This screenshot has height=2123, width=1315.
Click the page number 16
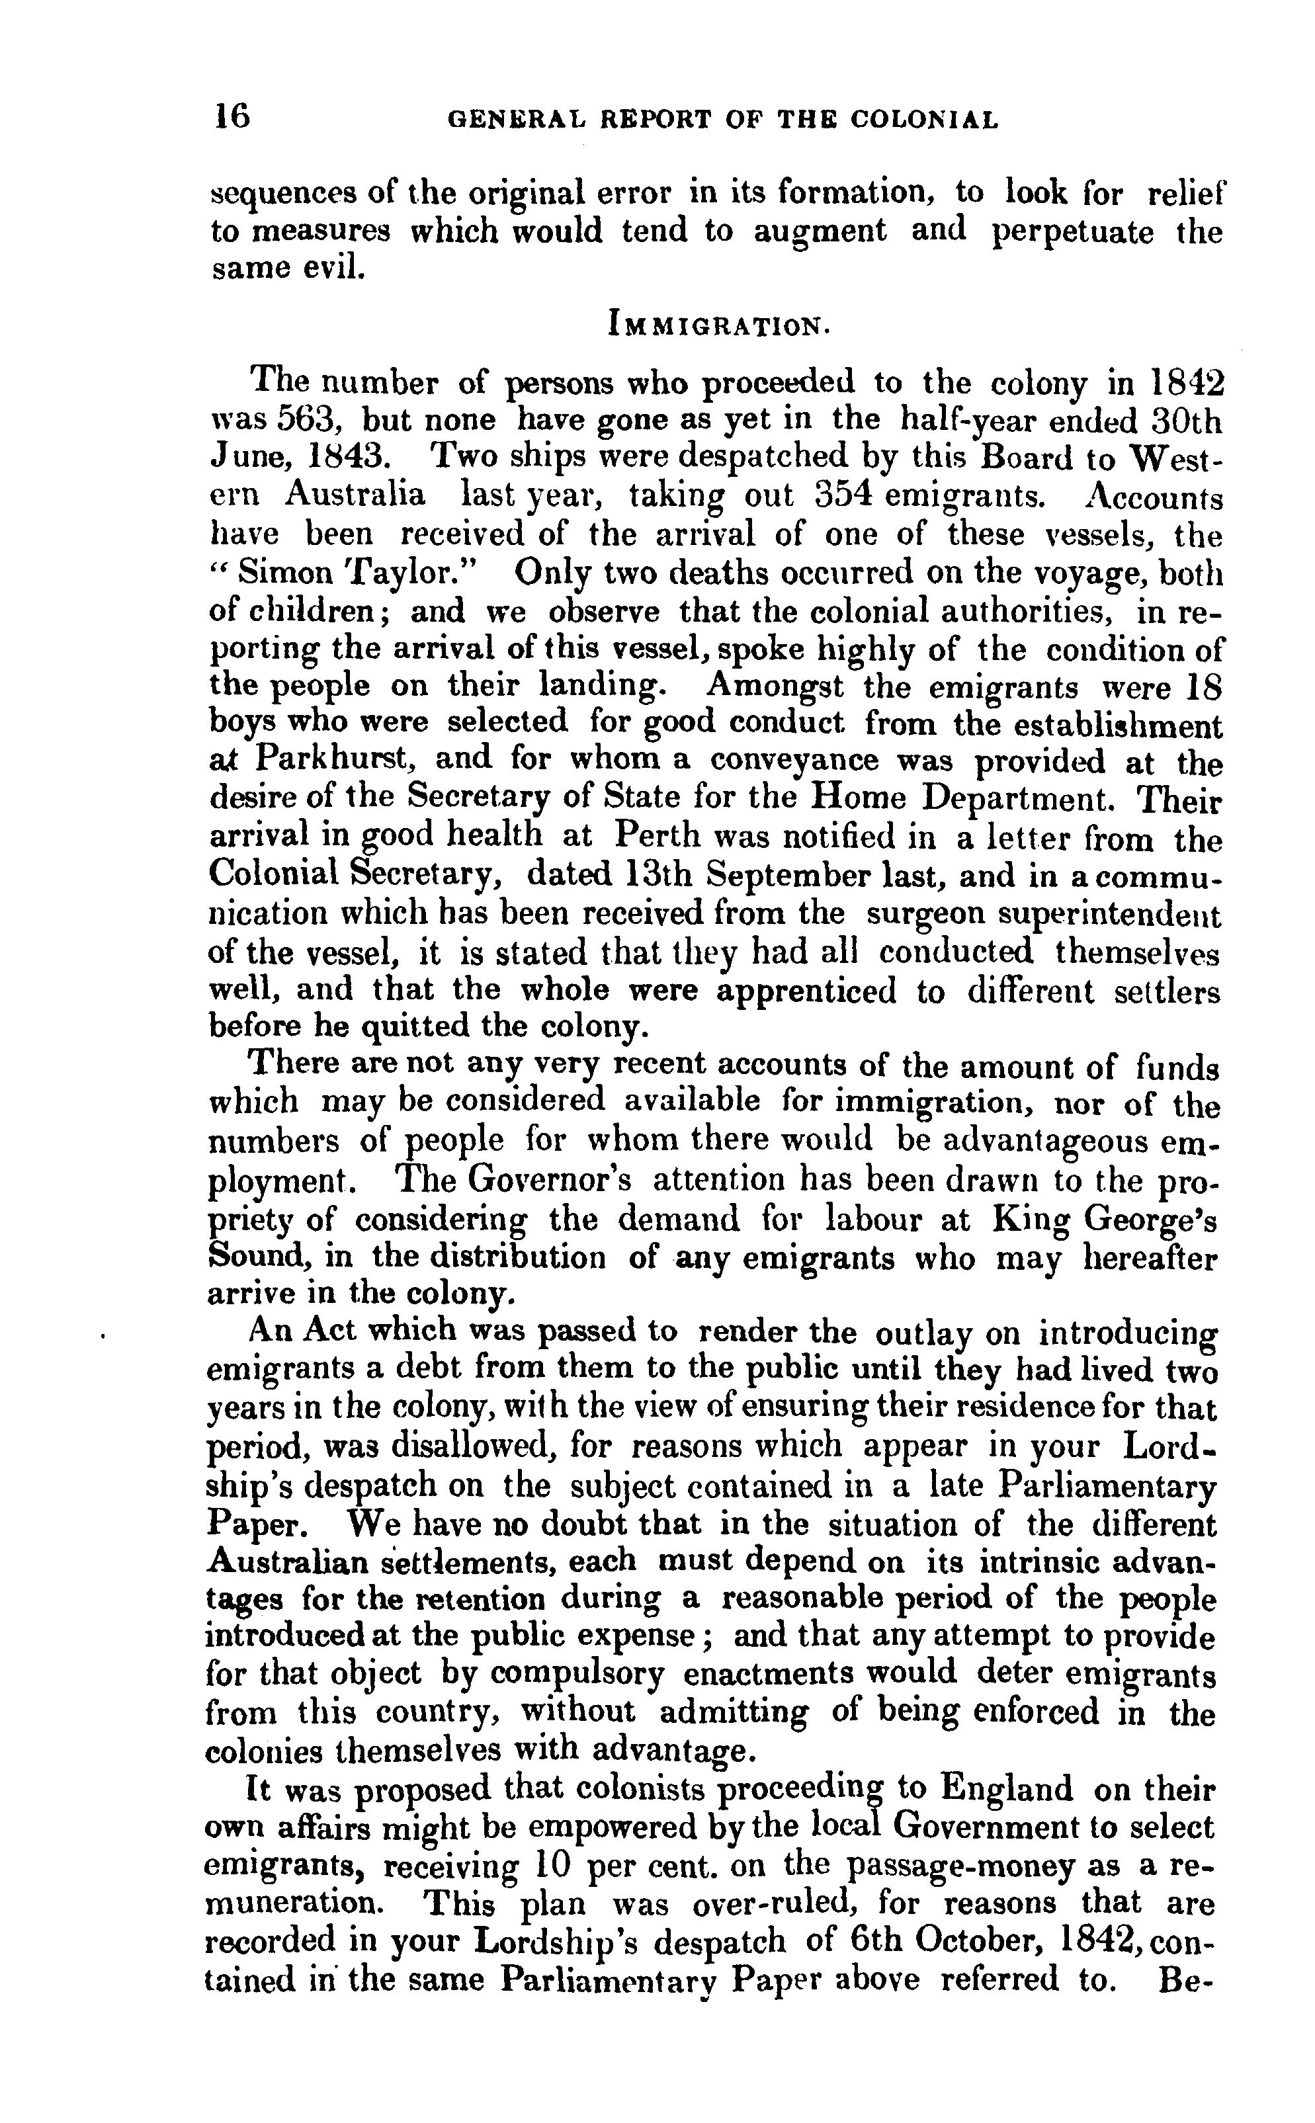click(232, 116)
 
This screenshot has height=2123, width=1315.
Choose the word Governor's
click(548, 1180)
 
